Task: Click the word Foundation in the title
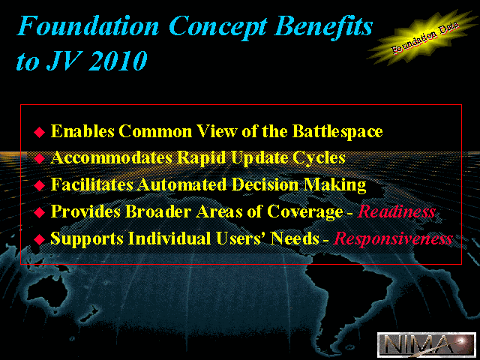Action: point(88,26)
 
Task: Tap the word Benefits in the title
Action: point(323,26)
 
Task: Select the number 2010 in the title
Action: point(118,61)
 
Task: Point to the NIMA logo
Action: point(427,344)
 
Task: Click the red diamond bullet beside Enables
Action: point(40,132)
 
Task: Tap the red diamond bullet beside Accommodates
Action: point(40,158)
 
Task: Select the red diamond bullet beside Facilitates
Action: point(40,185)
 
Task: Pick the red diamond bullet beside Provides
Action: point(40,212)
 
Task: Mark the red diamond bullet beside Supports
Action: point(40,239)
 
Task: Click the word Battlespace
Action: point(337,132)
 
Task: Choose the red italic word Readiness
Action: point(397,211)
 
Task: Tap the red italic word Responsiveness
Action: point(393,238)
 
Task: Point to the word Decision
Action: point(265,184)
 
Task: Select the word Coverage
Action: point(305,212)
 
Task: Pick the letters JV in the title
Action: point(64,61)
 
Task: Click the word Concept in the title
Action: point(217,27)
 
